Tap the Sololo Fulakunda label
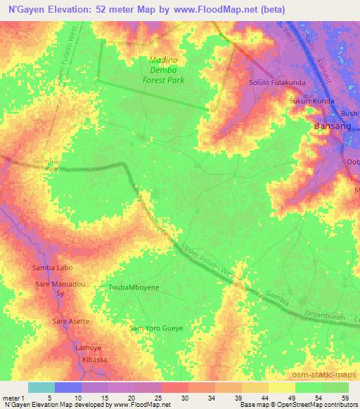pos(276,83)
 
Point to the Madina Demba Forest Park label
pos(167,70)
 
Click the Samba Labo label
pos(49,268)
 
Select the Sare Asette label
pos(71,321)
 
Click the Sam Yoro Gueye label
pos(156,328)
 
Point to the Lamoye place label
pos(89,349)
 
